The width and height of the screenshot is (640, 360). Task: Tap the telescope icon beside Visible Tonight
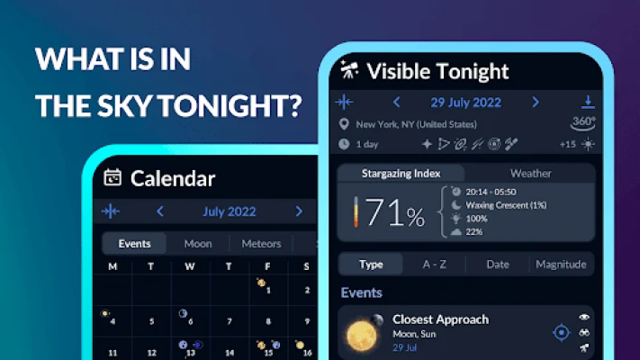pyautogui.click(x=349, y=69)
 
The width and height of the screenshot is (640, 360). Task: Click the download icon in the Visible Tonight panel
pyautogui.click(x=588, y=102)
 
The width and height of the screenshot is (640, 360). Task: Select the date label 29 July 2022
pyautogui.click(x=465, y=103)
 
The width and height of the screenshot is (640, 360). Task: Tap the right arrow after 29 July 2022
pyautogui.click(x=536, y=102)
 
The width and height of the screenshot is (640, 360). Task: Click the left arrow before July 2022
pyautogui.click(x=160, y=211)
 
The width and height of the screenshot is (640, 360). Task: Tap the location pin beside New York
pyautogui.click(x=344, y=124)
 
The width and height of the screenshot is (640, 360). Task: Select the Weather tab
pyautogui.click(x=530, y=174)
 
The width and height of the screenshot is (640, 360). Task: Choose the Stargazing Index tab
pyautogui.click(x=401, y=174)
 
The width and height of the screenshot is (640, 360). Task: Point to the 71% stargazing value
pyautogui.click(x=395, y=212)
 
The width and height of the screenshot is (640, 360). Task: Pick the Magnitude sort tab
pyautogui.click(x=561, y=265)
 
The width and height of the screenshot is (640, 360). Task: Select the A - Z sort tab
pyautogui.click(x=434, y=265)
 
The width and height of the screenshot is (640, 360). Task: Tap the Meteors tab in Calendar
pyautogui.click(x=261, y=244)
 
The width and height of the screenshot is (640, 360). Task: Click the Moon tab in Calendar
pyautogui.click(x=198, y=244)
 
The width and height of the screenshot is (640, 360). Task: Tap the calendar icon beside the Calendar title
pyautogui.click(x=113, y=177)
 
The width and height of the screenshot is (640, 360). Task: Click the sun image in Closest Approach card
pyautogui.click(x=361, y=336)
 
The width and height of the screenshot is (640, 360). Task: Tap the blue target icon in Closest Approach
pyautogui.click(x=561, y=333)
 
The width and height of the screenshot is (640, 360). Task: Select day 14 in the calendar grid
pyautogui.click(x=230, y=353)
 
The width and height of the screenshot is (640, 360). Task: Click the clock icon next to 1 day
pyautogui.click(x=344, y=144)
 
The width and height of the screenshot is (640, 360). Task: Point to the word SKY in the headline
pyautogui.click(x=124, y=105)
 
